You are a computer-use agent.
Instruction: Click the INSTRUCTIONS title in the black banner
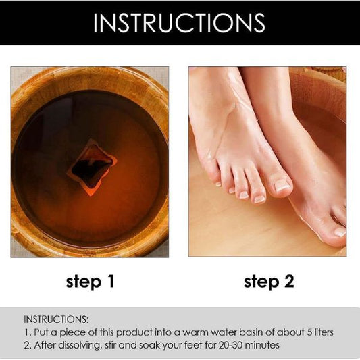click(x=179, y=22)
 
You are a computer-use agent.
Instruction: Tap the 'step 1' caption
click(x=90, y=282)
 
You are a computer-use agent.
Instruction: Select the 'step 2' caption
click(x=269, y=282)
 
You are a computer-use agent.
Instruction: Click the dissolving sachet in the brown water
click(x=93, y=168)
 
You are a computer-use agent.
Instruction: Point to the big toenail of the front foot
click(x=282, y=185)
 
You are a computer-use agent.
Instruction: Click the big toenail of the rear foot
click(x=340, y=232)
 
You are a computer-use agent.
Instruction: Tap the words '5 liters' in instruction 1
click(x=320, y=332)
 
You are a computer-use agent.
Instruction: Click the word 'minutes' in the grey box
click(x=265, y=345)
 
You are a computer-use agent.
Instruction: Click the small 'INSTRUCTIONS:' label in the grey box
click(x=56, y=319)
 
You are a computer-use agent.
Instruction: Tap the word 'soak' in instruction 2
click(x=148, y=345)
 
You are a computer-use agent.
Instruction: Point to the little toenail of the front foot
click(x=218, y=184)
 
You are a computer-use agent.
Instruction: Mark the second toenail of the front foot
click(x=259, y=199)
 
